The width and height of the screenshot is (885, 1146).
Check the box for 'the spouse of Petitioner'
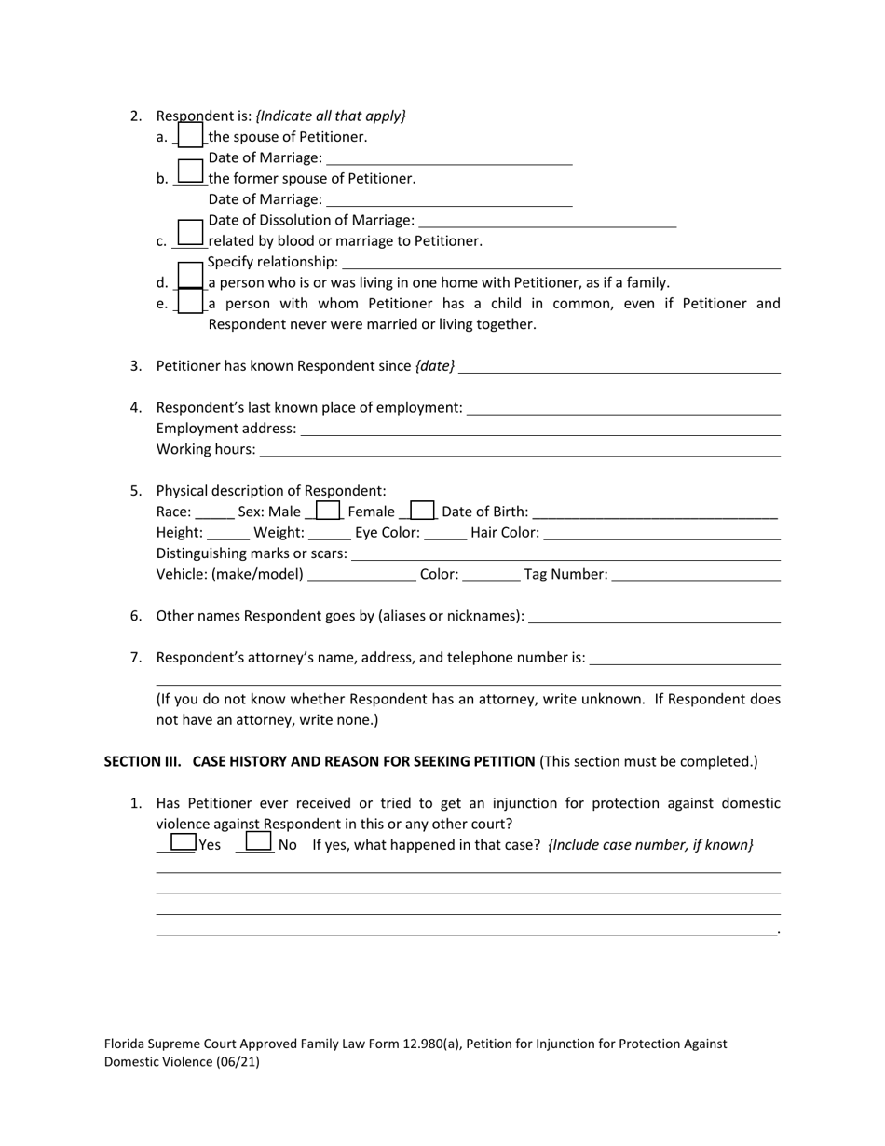point(190,136)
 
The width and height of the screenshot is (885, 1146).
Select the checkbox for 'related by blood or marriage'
point(190,233)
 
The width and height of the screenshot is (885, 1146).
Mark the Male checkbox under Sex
point(328,511)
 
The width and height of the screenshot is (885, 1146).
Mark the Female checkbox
point(422,511)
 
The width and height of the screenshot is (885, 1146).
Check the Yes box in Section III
point(183,842)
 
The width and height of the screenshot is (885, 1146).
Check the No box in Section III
point(258,842)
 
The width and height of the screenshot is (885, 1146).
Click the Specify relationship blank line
point(561,262)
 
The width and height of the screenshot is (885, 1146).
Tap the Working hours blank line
point(519,449)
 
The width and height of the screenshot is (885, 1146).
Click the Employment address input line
point(540,429)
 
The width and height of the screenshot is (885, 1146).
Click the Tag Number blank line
point(696,575)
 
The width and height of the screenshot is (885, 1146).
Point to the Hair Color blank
point(661,533)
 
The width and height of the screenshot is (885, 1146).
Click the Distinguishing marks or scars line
point(565,553)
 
